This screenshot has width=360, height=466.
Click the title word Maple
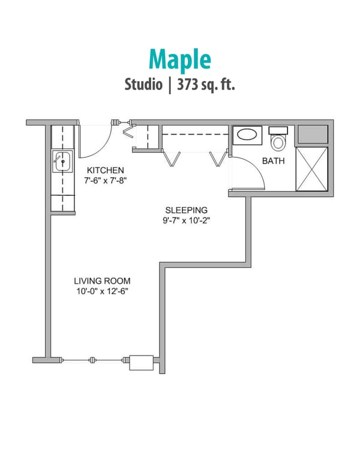point(180,59)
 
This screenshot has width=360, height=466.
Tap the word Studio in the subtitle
point(143,84)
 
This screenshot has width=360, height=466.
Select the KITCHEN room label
point(106,170)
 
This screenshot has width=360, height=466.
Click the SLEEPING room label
point(187,210)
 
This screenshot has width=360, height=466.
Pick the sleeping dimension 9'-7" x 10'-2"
point(187,220)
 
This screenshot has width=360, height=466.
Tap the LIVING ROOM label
point(102,280)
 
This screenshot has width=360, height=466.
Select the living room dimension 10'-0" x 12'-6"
point(102,291)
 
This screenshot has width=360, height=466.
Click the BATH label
point(273,162)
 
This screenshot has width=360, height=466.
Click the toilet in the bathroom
point(278,141)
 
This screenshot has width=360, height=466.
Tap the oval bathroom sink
point(247,134)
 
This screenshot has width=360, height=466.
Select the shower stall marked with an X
point(313,169)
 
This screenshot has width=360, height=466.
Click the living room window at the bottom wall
point(93,360)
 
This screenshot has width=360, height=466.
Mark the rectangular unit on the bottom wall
point(142,362)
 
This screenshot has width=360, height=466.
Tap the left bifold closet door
point(172,157)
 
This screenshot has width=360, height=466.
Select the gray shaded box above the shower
point(313,135)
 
